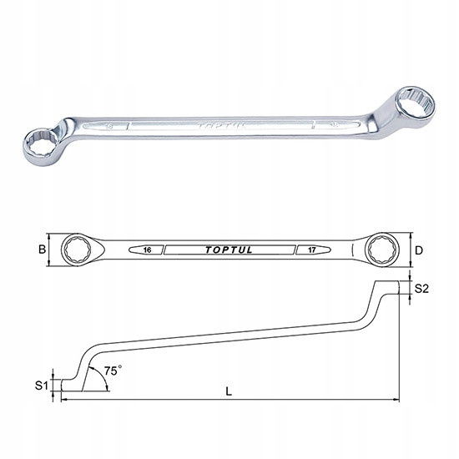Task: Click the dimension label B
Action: click(43, 250)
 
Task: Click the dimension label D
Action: click(419, 250)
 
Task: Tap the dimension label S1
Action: click(41, 386)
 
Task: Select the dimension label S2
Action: click(421, 289)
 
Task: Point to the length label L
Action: click(229, 391)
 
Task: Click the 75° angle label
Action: click(113, 371)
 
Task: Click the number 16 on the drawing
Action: click(148, 250)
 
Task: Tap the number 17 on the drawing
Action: click(312, 250)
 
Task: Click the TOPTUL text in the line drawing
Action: click(229, 250)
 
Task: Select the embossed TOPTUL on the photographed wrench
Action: click(221, 126)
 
